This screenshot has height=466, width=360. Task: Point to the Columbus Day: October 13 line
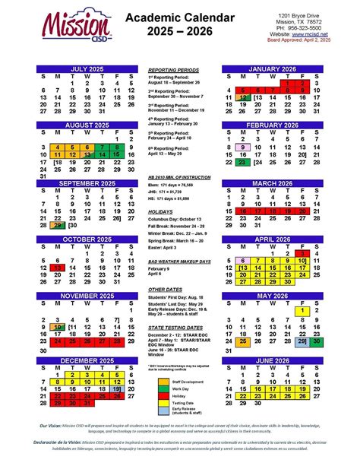(x=180, y=220)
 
